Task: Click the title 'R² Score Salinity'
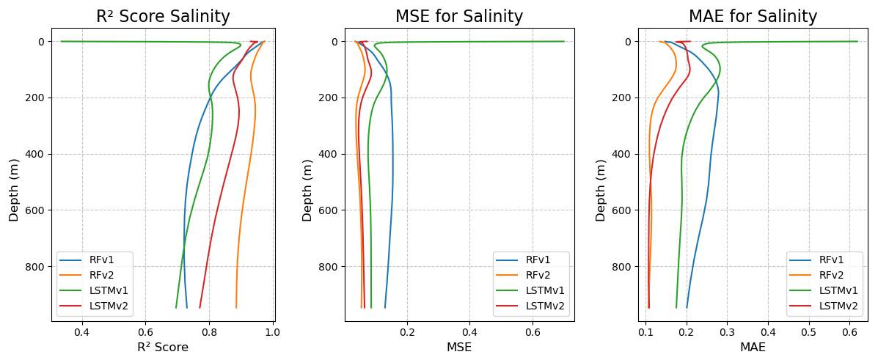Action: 163,17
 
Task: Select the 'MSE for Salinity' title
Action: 459,17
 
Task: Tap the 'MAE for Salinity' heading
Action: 753,17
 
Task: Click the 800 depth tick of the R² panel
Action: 37,267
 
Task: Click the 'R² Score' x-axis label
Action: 163,348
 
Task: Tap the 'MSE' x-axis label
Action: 459,348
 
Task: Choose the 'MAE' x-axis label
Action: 753,348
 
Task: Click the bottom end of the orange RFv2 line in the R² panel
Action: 236,307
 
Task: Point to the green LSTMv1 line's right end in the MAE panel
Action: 857,41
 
